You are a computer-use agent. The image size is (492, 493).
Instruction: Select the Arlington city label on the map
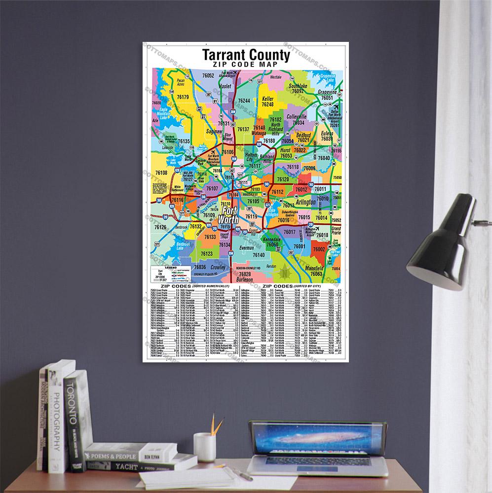click(x=306, y=203)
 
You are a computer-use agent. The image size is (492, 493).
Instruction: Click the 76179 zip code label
click(x=182, y=97)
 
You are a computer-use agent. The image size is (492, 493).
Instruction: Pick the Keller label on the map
click(x=267, y=99)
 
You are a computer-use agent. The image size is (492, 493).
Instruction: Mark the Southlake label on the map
click(x=298, y=86)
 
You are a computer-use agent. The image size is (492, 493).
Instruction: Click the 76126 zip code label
click(x=160, y=227)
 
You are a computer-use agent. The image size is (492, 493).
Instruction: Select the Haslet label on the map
click(x=225, y=86)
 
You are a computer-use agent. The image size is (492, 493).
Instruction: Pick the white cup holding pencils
click(x=204, y=447)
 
